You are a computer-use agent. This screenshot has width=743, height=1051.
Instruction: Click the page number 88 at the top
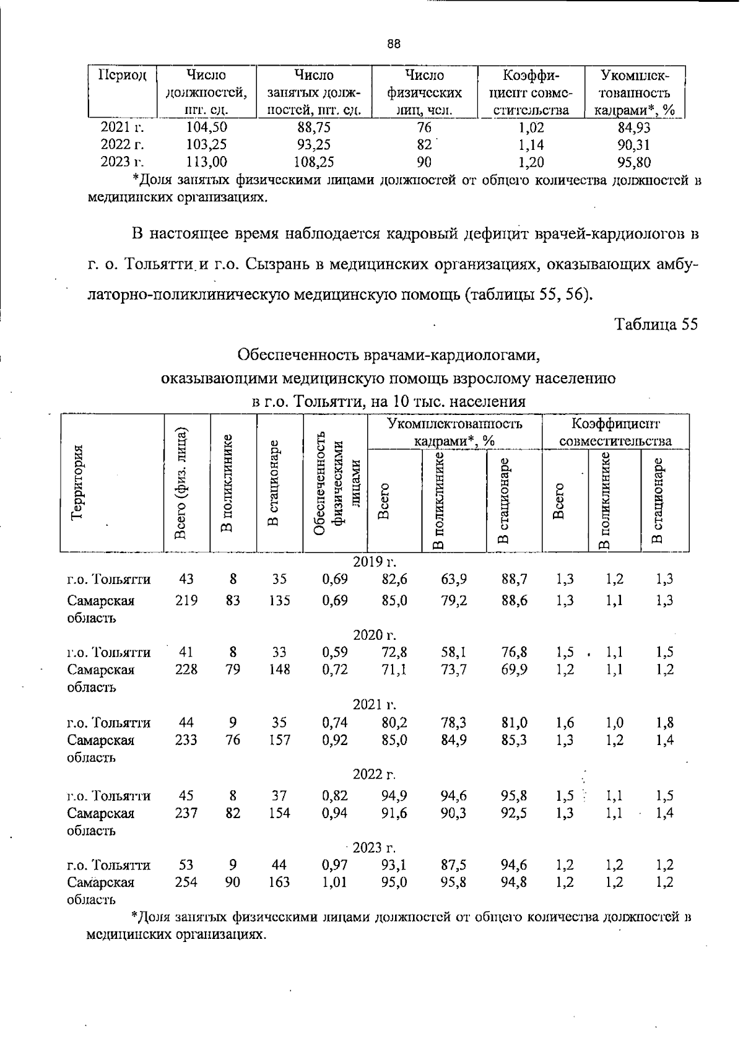tap(394, 44)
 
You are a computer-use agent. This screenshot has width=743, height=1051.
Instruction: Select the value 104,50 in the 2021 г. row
tap(207, 128)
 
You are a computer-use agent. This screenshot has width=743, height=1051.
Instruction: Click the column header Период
tap(121, 76)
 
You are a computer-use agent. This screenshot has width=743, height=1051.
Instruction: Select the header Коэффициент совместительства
tap(615, 432)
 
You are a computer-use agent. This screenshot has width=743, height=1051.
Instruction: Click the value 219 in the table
tap(186, 600)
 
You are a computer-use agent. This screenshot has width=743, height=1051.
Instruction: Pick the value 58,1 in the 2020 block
tap(454, 652)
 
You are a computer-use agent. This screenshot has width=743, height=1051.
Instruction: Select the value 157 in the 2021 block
tap(279, 740)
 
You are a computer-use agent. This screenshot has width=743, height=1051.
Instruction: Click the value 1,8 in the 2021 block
tap(665, 723)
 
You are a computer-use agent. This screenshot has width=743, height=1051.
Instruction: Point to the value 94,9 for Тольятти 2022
tap(394, 796)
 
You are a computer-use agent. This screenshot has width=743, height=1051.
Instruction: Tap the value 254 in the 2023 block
tap(186, 883)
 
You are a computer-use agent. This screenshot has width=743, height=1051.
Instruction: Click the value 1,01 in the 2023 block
tap(335, 883)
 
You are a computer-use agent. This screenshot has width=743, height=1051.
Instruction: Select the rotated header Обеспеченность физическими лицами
tap(335, 483)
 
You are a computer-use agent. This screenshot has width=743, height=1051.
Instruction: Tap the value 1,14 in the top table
tap(532, 145)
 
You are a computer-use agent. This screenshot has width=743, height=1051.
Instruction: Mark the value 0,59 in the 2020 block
tap(335, 652)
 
